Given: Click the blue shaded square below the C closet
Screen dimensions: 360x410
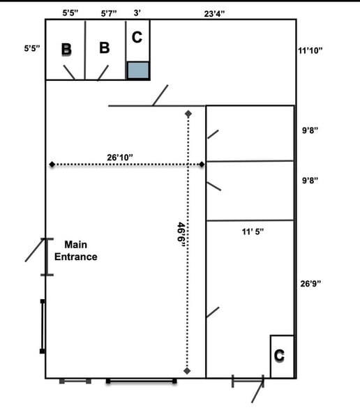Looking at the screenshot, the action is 138,70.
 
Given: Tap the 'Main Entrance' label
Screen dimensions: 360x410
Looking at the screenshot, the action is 75,251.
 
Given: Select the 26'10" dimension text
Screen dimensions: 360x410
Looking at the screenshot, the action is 120,158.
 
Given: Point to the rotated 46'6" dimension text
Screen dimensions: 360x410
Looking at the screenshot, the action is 181,235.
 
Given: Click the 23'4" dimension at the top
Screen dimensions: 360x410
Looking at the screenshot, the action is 214,14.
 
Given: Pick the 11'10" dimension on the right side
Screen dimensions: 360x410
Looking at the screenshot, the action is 310,50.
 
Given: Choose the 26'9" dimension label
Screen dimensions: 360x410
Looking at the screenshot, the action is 310,284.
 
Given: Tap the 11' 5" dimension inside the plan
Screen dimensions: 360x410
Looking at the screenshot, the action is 253,231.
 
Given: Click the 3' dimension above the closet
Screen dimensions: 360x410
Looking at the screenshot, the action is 137,13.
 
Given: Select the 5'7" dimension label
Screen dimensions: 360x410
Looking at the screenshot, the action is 109,13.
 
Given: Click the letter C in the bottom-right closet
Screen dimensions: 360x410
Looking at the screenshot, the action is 279,356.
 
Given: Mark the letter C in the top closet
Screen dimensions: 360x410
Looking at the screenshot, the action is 137,37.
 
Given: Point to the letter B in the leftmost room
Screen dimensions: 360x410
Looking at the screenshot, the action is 66,49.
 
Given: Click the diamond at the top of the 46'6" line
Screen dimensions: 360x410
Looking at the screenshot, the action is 188,114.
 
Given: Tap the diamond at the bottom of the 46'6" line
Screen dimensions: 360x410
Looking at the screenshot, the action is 187,371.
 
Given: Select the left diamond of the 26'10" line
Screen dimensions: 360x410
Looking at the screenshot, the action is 52,165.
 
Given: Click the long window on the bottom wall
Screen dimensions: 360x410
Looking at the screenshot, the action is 141,381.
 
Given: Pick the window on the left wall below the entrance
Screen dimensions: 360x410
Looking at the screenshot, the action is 43,326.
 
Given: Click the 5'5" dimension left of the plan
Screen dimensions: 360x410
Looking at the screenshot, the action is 32,48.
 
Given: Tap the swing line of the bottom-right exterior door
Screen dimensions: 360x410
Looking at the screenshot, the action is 257,390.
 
